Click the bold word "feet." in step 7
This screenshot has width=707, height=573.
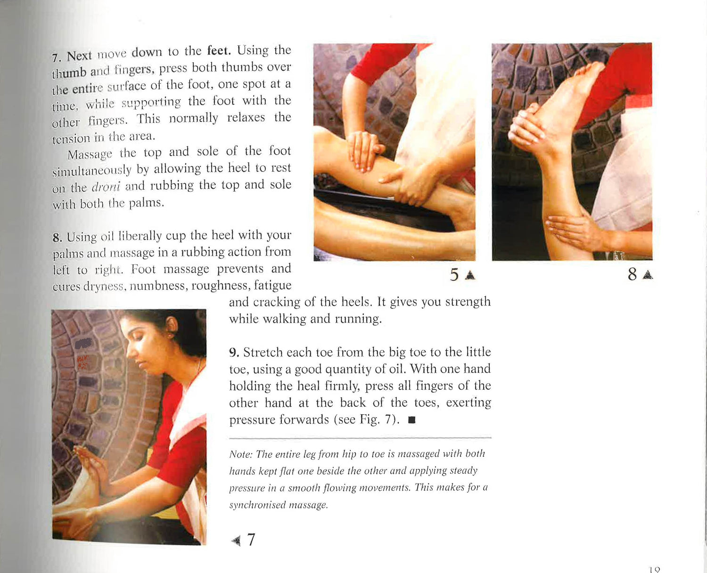tap(219, 51)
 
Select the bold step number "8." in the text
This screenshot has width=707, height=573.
tap(57, 238)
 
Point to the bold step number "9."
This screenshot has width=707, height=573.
tap(234, 352)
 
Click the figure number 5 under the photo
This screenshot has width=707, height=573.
tap(454, 274)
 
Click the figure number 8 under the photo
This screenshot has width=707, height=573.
tap(633, 274)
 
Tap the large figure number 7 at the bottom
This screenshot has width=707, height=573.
tap(251, 540)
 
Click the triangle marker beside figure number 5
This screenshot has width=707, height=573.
tap(470, 275)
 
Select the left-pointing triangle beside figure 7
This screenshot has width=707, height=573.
tap(236, 541)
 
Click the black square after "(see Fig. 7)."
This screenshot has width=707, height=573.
tap(411, 420)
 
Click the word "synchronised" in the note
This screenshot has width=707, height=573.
tap(257, 505)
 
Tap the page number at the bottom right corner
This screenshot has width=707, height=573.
tap(655, 570)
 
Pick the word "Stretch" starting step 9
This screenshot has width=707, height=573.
tap(263, 352)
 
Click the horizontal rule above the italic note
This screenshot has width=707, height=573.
tap(360, 438)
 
